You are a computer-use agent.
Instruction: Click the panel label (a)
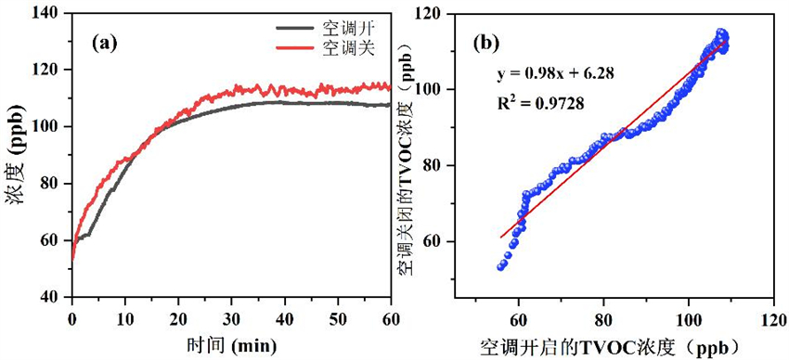104,41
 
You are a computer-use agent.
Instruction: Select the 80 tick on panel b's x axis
603,315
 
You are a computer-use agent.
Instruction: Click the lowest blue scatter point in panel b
501,266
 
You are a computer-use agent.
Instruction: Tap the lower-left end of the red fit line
501,237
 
